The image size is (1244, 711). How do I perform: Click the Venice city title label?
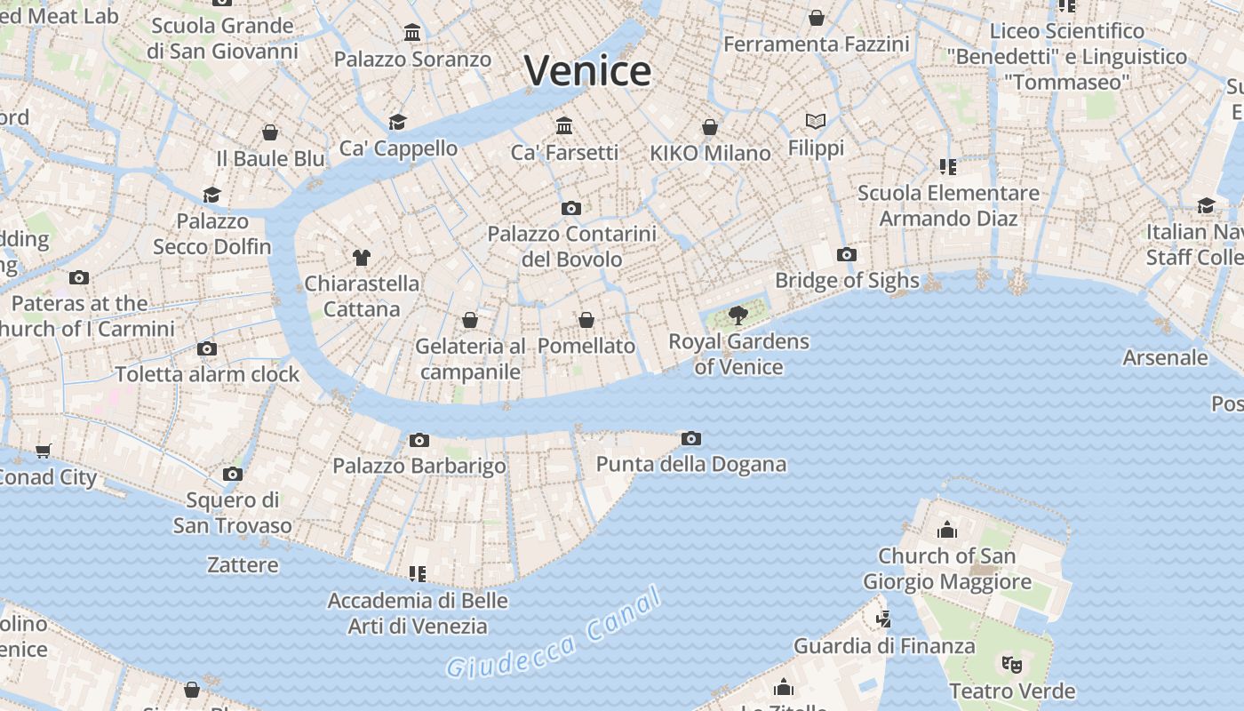tap(587, 71)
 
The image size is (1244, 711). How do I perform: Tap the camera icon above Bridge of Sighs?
tap(847, 255)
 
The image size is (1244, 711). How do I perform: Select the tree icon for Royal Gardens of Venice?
tap(738, 315)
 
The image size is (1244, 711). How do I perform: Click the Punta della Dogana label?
tap(690, 464)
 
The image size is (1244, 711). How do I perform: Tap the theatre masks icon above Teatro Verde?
tap(1011, 664)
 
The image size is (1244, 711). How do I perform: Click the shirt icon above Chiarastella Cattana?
tap(361, 258)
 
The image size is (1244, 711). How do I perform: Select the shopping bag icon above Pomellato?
tap(586, 319)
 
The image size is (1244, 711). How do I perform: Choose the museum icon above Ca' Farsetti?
tap(564, 125)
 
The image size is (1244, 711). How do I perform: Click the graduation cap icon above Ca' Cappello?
tap(397, 122)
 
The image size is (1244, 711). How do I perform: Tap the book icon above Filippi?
tap(816, 121)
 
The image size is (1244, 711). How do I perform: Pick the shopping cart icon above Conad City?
tap(44, 451)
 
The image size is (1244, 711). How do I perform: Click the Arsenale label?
tap(1165, 358)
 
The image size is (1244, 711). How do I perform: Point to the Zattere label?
tap(243, 564)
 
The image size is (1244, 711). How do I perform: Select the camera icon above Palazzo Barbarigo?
tap(419, 440)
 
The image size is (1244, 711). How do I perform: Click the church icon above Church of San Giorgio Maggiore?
tap(947, 530)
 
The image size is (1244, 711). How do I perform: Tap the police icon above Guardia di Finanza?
tap(882, 619)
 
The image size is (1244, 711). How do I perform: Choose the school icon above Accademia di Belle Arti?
tap(417, 574)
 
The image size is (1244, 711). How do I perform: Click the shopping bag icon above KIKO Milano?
tap(709, 127)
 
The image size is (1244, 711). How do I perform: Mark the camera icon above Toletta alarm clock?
tap(207, 348)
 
